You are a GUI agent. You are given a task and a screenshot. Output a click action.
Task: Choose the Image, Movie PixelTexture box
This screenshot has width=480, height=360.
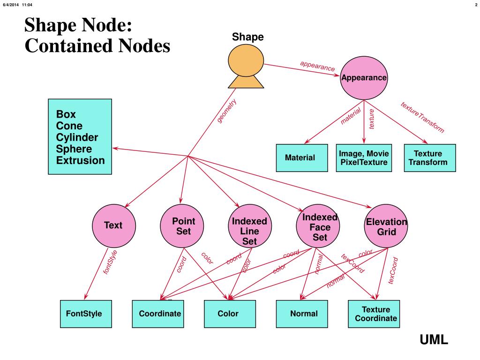364,158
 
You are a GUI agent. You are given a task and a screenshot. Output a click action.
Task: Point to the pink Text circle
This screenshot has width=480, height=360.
113,225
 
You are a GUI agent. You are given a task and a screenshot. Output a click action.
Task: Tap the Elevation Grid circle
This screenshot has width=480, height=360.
387,226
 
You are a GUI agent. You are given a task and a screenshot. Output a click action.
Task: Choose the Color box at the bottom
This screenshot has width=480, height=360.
230,314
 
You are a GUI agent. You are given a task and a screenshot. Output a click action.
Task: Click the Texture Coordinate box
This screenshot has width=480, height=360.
374,314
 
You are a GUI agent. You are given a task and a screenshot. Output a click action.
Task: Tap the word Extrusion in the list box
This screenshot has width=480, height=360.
81,161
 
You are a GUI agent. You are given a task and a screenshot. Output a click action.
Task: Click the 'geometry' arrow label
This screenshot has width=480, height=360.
227,111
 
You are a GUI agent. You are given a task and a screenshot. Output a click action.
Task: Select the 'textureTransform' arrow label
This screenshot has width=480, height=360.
422,117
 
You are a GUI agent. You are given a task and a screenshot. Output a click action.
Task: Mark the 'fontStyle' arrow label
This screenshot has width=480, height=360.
110,262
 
